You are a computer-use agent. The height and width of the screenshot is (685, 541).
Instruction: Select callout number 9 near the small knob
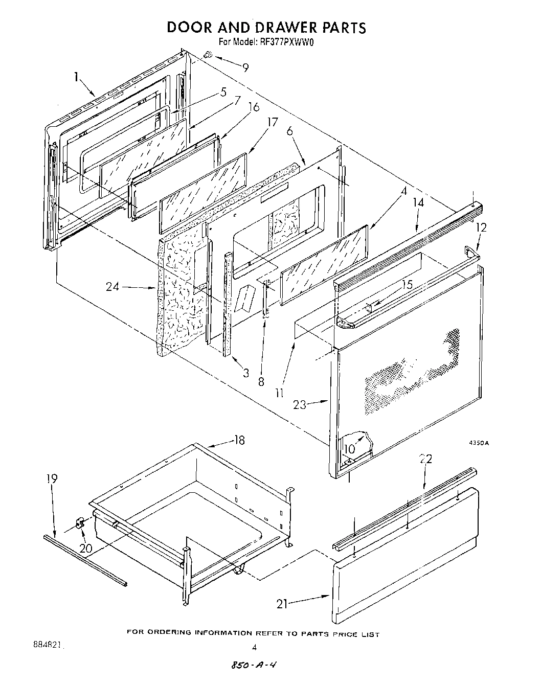pos(245,66)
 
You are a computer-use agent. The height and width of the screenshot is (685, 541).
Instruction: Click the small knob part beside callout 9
pos(208,54)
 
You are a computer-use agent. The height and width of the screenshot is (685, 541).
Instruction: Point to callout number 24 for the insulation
pos(113,286)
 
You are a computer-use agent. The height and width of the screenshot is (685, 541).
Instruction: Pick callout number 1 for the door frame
pos(76,77)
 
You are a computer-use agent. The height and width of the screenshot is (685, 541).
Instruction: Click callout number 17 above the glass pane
pos(272,122)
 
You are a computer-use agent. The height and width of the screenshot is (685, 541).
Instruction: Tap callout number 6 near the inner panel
pos(289,131)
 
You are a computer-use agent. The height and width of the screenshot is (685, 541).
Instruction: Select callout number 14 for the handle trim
pos(418,202)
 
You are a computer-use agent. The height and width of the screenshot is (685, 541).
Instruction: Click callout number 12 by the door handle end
pos(481,227)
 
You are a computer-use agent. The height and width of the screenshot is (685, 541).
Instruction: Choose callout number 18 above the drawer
pos(239,440)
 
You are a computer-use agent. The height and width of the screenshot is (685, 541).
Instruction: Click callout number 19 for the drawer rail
pos(52,479)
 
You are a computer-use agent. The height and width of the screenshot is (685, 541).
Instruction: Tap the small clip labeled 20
pos(79,522)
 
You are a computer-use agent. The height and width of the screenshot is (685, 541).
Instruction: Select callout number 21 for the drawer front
pos(282,604)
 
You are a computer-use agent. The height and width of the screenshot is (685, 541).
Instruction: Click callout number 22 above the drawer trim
pos(426,459)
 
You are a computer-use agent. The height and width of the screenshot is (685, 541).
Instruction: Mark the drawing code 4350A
pos(479,443)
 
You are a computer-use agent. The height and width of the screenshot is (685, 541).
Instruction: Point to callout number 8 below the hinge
pos(261,381)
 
